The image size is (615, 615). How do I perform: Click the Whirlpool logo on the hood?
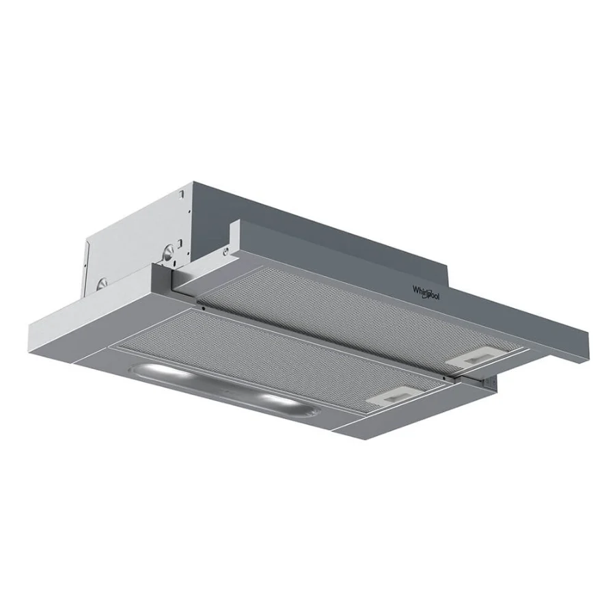click(426, 292)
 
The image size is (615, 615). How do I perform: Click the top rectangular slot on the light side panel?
click(182, 195)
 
